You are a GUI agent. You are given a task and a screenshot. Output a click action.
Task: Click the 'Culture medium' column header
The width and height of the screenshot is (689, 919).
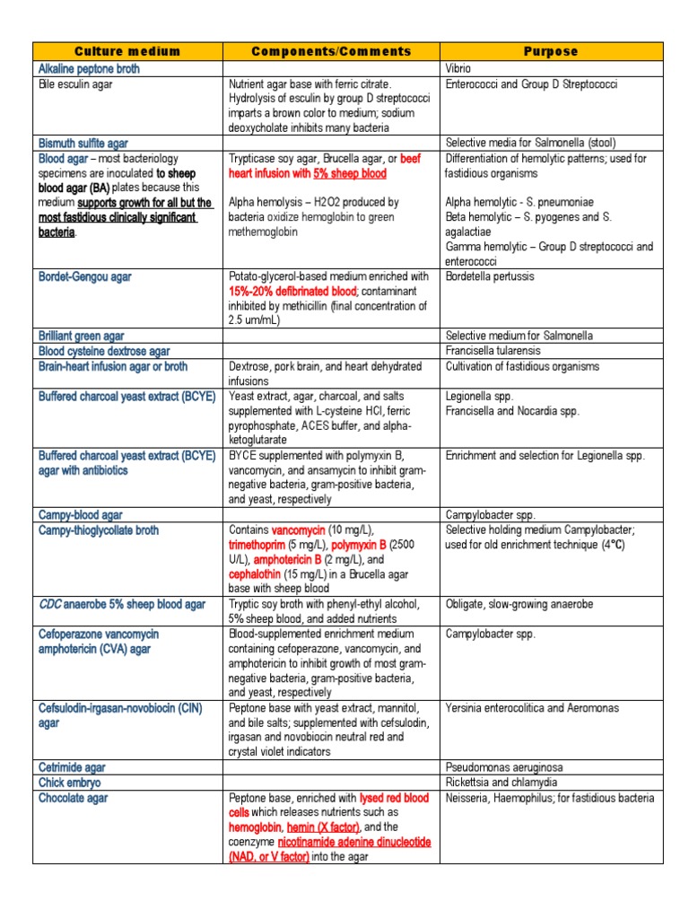(x=127, y=52)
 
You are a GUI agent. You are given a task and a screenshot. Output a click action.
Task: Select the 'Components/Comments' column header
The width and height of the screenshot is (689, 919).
(x=331, y=52)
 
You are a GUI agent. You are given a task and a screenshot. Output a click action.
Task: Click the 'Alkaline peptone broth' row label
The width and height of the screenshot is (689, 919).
(x=89, y=69)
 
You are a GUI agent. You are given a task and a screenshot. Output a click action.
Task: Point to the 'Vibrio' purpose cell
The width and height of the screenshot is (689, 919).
(x=458, y=69)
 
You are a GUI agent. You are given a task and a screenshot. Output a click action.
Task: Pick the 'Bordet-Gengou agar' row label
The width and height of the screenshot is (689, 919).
(x=84, y=276)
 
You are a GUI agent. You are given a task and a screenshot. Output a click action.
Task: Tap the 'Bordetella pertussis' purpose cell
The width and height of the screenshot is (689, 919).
(x=488, y=276)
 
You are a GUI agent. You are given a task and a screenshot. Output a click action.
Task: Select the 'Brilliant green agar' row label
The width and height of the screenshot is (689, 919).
(x=82, y=336)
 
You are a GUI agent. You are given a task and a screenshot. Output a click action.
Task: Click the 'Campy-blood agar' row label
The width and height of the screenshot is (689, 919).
(x=81, y=515)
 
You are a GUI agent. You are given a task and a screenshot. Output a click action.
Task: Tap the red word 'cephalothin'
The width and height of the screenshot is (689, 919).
(x=259, y=574)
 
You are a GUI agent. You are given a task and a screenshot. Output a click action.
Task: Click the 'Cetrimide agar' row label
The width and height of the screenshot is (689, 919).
(x=72, y=767)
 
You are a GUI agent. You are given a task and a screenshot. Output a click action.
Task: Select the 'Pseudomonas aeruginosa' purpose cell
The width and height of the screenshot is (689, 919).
(x=501, y=767)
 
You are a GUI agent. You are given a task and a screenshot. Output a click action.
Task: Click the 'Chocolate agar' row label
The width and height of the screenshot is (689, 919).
(x=74, y=798)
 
